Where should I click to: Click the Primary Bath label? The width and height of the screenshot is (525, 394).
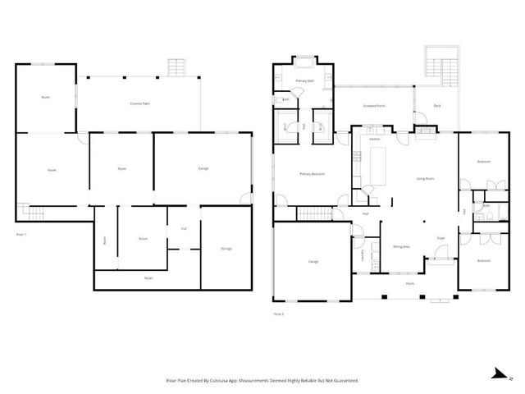(305, 81)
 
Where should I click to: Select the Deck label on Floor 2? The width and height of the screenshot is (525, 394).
(438, 106)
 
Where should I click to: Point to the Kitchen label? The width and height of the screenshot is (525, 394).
(374, 139)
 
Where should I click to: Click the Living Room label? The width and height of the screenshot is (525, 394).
(425, 178)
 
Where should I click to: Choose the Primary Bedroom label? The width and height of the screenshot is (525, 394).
(311, 174)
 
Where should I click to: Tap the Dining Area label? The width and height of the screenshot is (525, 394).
(401, 246)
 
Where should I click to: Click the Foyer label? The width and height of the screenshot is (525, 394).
(441, 238)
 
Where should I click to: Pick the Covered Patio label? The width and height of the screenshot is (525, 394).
(140, 104)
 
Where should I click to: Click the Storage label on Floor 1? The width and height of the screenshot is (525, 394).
(226, 249)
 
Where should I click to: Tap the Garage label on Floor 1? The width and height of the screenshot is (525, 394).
(203, 168)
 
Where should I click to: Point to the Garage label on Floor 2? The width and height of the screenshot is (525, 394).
(313, 261)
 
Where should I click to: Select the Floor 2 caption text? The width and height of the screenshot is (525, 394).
(279, 313)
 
